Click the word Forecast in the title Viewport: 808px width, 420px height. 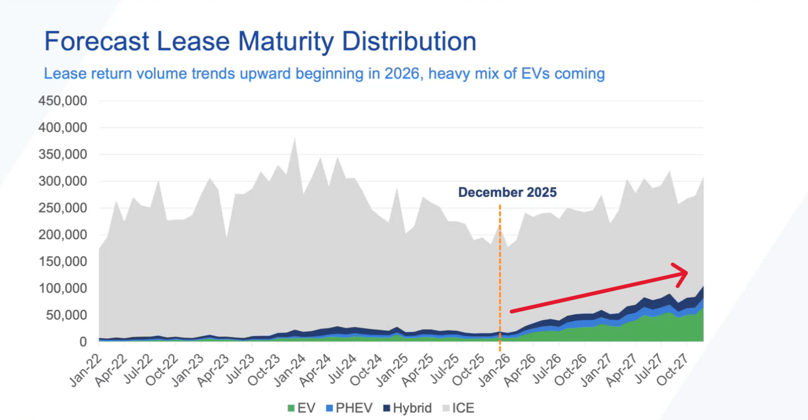click(x=97, y=41)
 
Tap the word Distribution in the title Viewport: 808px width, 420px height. click(x=409, y=41)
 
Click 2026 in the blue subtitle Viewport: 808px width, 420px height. click(x=402, y=74)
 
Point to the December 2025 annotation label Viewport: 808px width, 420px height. click(x=507, y=192)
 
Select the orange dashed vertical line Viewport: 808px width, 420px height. click(x=500, y=273)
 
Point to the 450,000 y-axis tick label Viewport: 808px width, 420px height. click(x=62, y=101)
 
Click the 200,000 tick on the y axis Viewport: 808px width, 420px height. click(x=62, y=235)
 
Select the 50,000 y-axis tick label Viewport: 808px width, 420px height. click(x=66, y=315)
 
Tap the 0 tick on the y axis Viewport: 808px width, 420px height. click(x=83, y=342)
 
